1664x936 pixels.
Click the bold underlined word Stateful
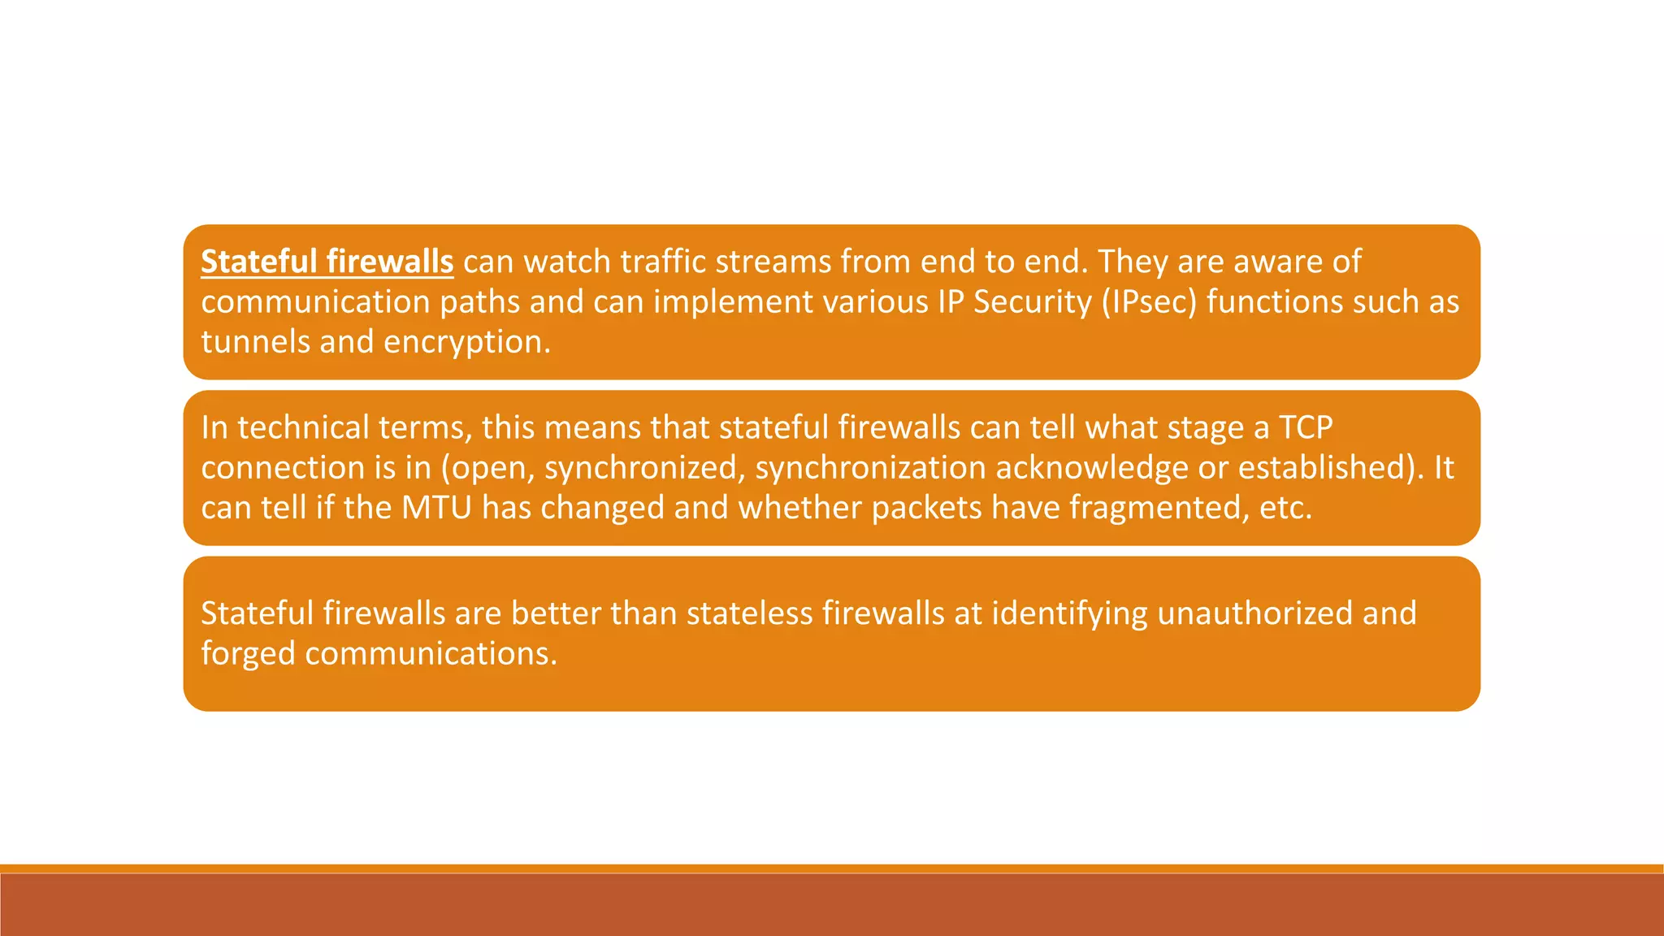tap(258, 262)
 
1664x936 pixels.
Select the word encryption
tap(466, 342)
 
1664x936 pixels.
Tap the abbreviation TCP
tap(1306, 427)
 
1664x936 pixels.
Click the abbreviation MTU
tap(436, 508)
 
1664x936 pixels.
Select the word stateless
tap(749, 613)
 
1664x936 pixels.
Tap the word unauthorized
tap(1254, 613)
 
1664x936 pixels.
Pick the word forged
tap(248, 653)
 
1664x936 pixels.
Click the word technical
tap(303, 427)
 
